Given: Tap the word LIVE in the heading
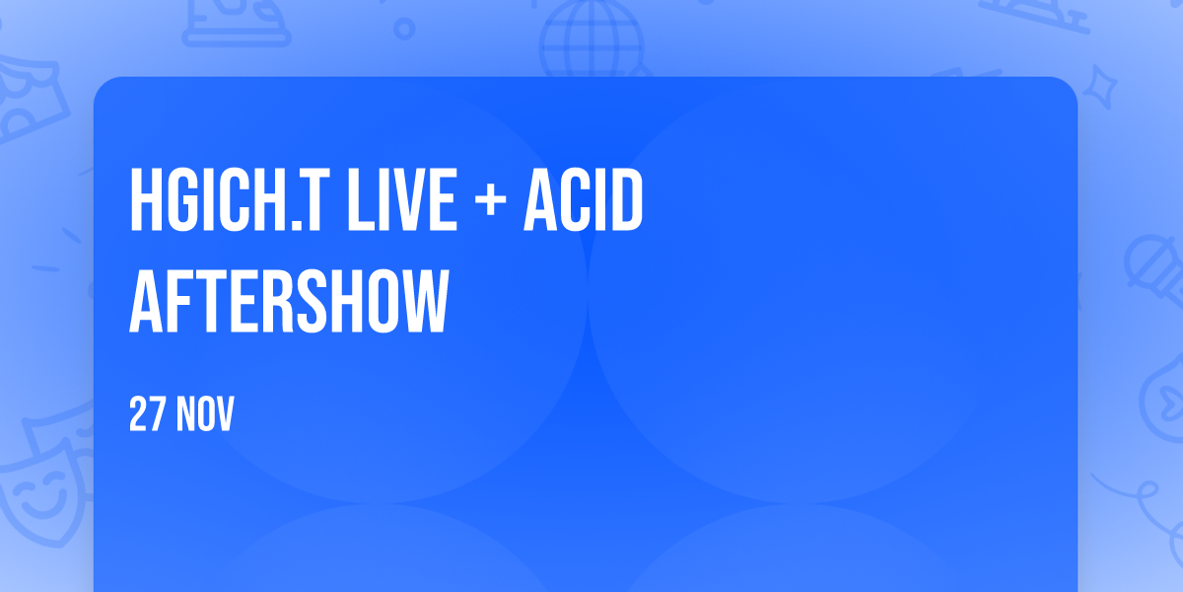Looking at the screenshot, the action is [401, 199].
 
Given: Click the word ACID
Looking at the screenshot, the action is [583, 199].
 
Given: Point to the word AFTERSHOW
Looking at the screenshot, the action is [289, 301].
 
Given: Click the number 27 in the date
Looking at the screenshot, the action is [147, 413].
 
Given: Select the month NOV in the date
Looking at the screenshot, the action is [205, 413].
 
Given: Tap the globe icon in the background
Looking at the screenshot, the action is [591, 39].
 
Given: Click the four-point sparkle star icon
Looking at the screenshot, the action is [1100, 87].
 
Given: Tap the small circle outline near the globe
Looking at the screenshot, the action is [404, 29].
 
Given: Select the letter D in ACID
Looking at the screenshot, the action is [626, 199].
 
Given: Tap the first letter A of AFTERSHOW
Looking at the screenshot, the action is [146, 301].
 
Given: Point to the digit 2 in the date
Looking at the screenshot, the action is [138, 413].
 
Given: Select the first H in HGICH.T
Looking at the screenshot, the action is [145, 199].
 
